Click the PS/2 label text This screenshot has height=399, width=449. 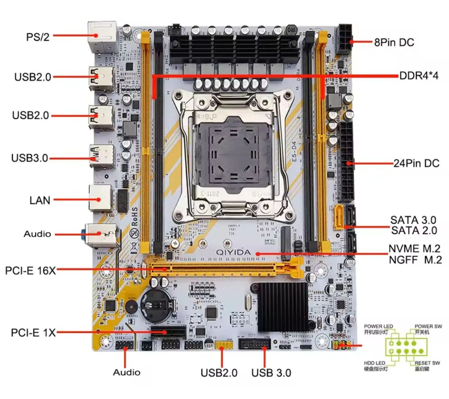[x=38, y=37]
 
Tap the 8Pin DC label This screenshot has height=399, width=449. [x=394, y=42]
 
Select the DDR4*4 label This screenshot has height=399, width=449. [x=419, y=76]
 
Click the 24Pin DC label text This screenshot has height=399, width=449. [x=416, y=163]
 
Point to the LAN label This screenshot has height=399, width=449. [x=40, y=200]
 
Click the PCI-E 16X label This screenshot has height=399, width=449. [x=31, y=270]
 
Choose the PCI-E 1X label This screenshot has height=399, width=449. [x=33, y=333]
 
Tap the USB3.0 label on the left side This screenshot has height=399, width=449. [x=30, y=158]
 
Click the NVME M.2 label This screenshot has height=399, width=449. [x=414, y=249]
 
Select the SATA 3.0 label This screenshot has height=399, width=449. [x=413, y=220]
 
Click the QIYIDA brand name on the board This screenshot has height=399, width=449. [x=233, y=252]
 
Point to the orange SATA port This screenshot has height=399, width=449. [x=339, y=217]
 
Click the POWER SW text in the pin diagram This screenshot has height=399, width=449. [x=428, y=326]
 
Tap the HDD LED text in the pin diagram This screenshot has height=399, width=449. [x=374, y=363]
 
